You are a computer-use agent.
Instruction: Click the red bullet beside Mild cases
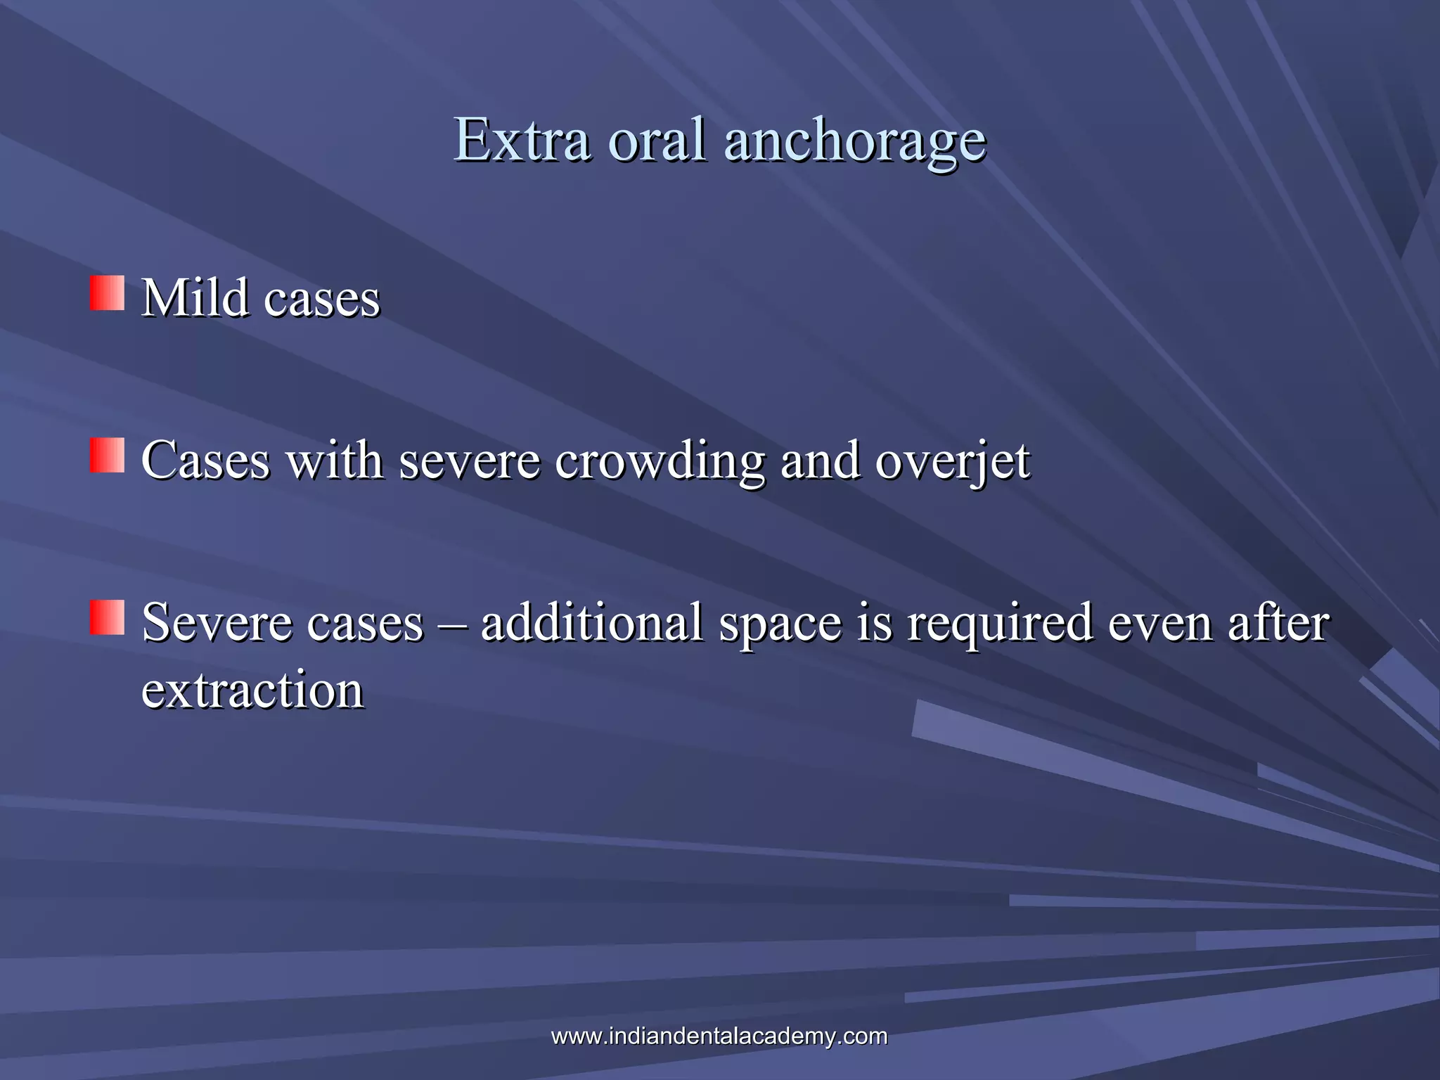click(107, 292)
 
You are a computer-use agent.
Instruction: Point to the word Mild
click(195, 298)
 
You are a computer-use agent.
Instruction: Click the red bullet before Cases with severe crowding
click(107, 455)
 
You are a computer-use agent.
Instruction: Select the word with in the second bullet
click(335, 461)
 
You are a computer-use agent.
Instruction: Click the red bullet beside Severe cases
click(107, 617)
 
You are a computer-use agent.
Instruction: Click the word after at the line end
click(1278, 623)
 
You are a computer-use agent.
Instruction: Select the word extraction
click(252, 690)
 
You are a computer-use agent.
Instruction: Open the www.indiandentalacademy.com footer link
click(719, 1036)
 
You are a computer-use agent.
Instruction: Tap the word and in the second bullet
click(820, 461)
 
